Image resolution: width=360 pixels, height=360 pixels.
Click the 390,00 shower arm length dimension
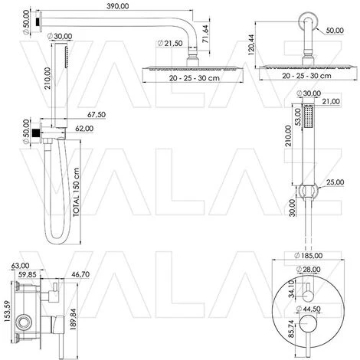[x=118, y=6]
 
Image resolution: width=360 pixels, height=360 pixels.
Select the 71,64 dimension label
[x=205, y=34]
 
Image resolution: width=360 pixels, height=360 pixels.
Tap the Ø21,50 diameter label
[x=170, y=43]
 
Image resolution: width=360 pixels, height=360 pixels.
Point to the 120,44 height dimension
[x=251, y=45]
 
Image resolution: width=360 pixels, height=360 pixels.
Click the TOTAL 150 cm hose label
[x=77, y=192]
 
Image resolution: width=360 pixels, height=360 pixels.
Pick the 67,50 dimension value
[x=97, y=115]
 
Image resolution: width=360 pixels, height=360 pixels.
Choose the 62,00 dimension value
[x=84, y=129]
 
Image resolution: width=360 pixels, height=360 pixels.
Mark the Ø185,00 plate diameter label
[x=308, y=255]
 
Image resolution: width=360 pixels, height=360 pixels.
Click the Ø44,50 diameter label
[x=308, y=309]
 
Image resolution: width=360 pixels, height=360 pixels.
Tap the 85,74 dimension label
[x=291, y=329]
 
